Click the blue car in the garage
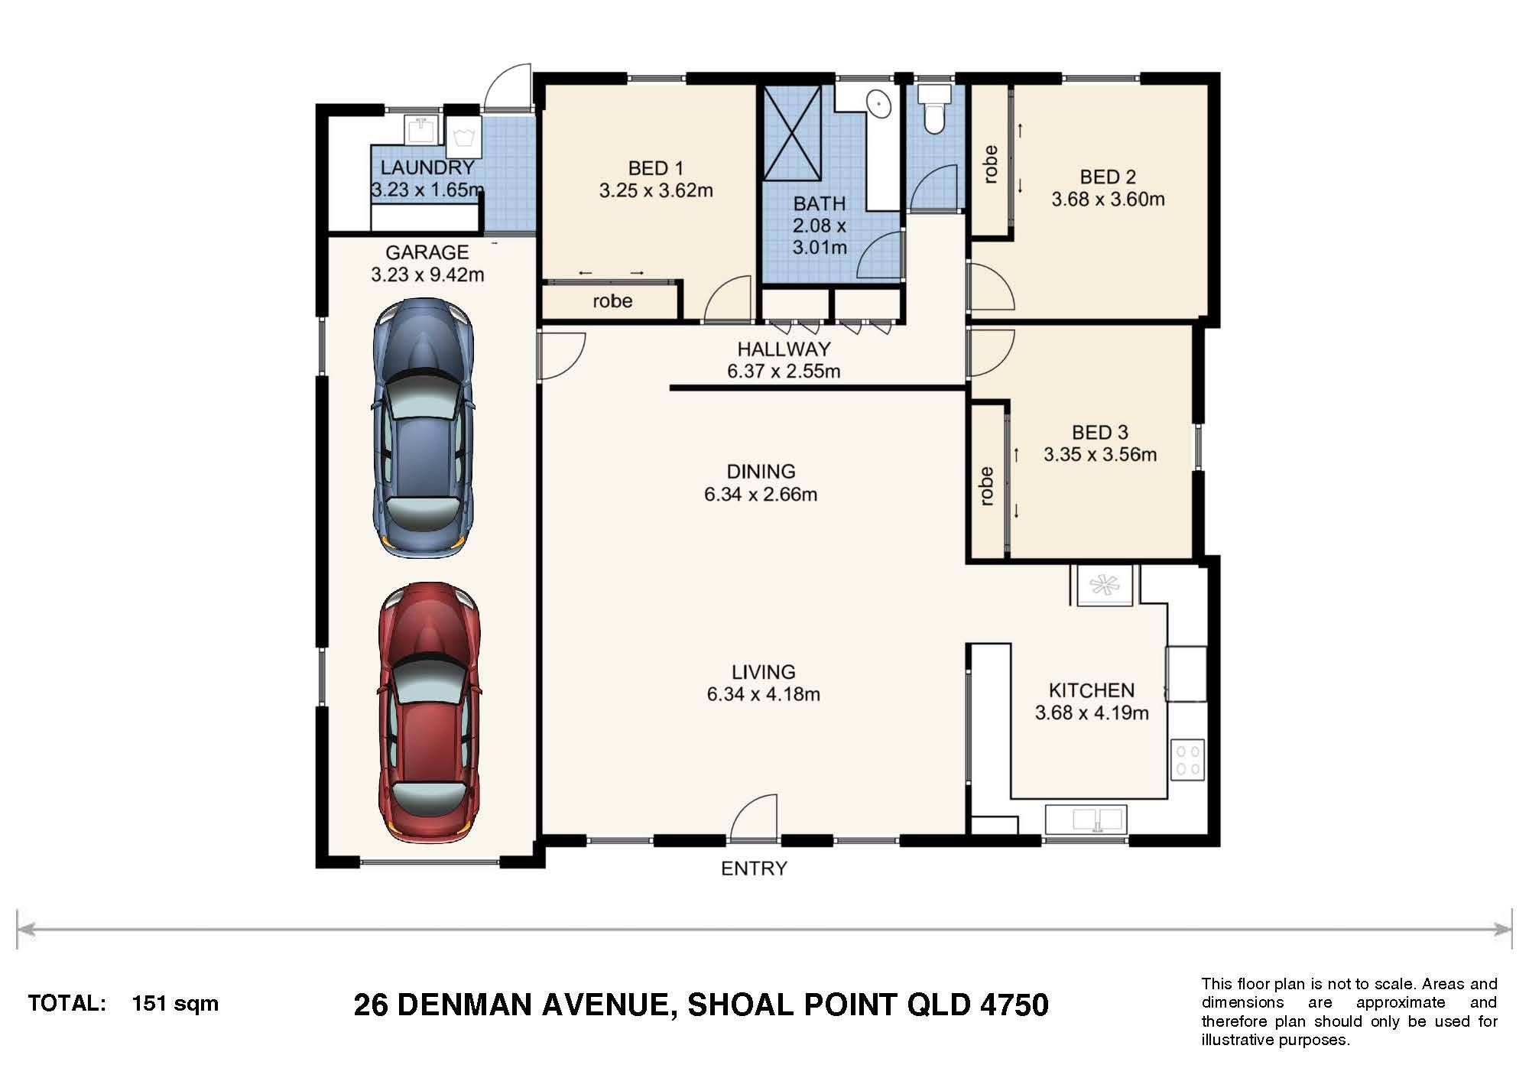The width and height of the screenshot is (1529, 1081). tap(422, 426)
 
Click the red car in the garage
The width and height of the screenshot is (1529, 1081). tap(430, 713)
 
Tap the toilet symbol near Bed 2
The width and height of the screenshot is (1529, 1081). tap(933, 109)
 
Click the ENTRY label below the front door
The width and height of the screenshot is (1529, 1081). tap(754, 868)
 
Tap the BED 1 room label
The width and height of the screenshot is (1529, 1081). tap(656, 168)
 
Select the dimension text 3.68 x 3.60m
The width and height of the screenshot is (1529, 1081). tap(1108, 200)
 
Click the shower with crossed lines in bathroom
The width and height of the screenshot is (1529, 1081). tap(793, 133)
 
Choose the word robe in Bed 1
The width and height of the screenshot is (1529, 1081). tap(612, 301)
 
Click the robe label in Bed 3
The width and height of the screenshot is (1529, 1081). tap(986, 486)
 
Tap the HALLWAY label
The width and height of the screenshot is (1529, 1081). tap(784, 349)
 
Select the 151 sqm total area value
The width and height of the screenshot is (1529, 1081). tap(175, 1004)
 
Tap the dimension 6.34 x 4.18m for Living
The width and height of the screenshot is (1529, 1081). tap(763, 695)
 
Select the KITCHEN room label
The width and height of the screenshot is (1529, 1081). tap(1091, 690)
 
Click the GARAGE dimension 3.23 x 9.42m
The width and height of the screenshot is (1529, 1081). tap(427, 274)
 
